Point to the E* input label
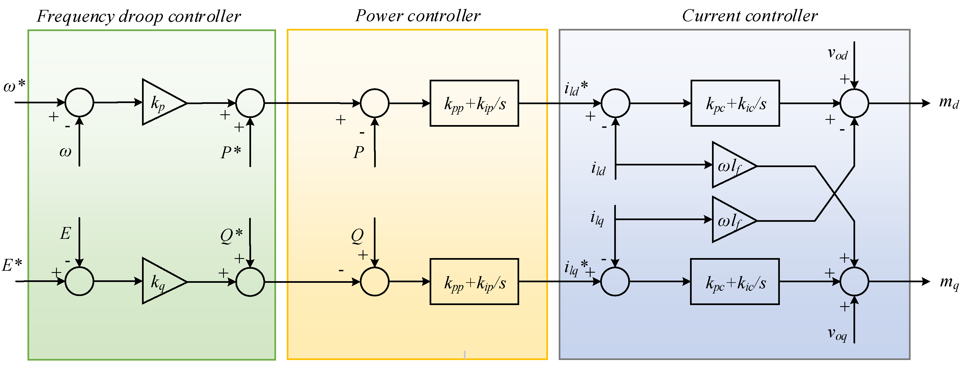coord(12,265)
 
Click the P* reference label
coord(230,152)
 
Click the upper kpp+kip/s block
coord(474,103)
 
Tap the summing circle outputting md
coord(854,103)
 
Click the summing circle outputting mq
coord(854,281)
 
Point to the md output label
coord(949,102)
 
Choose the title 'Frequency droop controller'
coord(139,16)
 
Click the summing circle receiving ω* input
coord(79,102)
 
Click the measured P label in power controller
coord(358,152)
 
